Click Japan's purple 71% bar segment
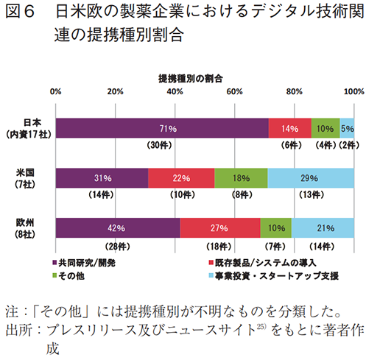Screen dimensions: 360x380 161,128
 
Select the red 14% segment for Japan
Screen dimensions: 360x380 289,128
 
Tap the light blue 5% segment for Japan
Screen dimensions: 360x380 347,128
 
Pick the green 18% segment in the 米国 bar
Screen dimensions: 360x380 241,178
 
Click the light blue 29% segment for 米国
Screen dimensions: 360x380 311,178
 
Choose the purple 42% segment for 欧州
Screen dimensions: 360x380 118,228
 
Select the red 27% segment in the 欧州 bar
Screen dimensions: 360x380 220,228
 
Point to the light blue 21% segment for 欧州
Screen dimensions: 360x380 323,228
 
